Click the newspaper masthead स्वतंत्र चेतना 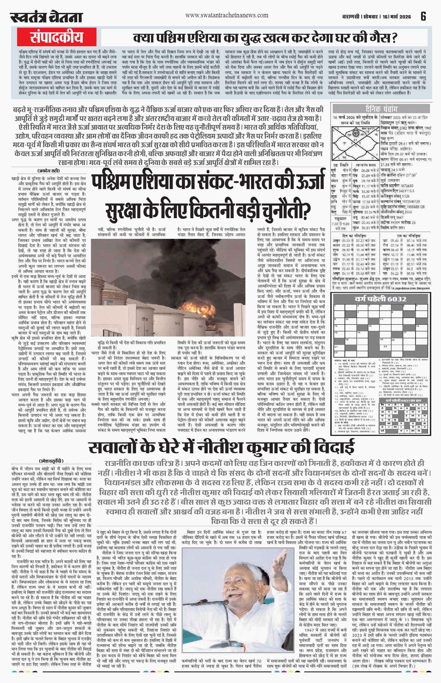46,17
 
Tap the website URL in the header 227,16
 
